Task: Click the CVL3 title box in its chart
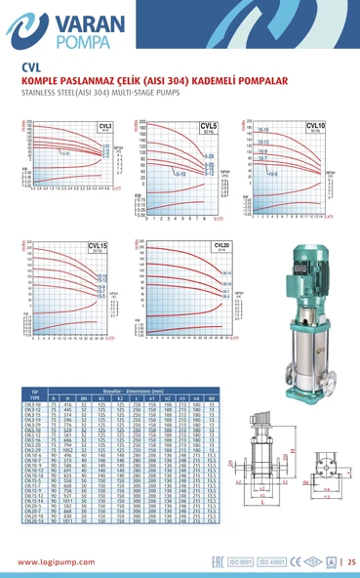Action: [104, 128]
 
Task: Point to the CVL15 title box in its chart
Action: [99, 246]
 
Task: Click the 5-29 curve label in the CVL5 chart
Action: [209, 156]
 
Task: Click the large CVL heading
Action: [29, 67]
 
